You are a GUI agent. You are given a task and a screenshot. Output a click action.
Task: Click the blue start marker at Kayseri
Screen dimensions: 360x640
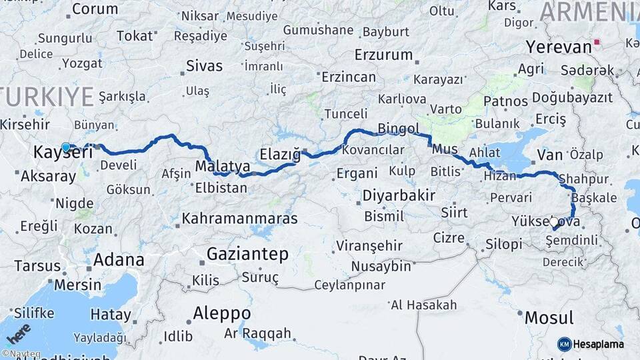tap(65, 147)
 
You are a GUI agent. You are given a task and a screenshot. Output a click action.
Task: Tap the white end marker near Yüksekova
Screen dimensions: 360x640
tap(553, 221)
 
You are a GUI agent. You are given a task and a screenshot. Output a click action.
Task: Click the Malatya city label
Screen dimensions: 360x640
tap(223, 166)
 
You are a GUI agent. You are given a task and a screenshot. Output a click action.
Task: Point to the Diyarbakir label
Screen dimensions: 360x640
tap(399, 196)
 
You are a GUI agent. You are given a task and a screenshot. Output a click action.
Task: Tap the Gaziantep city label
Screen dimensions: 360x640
tap(247, 254)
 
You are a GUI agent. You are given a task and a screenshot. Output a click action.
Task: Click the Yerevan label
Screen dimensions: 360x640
tap(559, 47)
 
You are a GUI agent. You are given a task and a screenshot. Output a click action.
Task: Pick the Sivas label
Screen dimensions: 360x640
tap(205, 66)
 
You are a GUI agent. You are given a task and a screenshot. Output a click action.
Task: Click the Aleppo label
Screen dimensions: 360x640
tap(222, 313)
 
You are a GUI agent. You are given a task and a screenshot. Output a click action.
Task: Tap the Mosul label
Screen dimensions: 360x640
tap(549, 317)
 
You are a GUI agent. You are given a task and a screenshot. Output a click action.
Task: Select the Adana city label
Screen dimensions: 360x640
tap(119, 259)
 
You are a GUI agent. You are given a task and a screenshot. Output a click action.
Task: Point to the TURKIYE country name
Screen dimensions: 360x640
tap(47, 97)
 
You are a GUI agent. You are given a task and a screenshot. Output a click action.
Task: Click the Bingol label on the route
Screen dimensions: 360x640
tap(399, 128)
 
